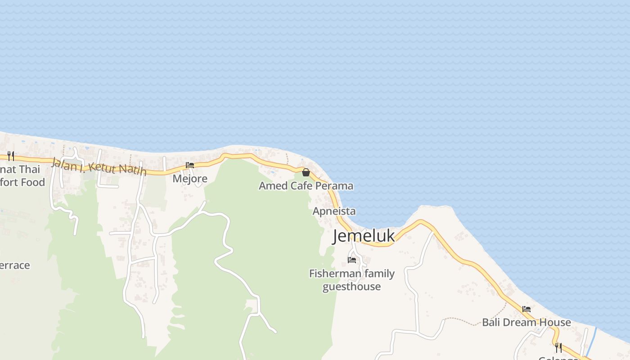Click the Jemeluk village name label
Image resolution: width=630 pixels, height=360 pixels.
(364, 236)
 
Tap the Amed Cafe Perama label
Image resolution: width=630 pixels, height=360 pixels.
(306, 186)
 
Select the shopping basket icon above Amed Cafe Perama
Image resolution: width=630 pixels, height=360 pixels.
(306, 172)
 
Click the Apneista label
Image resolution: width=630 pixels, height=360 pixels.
(334, 211)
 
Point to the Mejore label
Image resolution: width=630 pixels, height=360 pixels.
(190, 179)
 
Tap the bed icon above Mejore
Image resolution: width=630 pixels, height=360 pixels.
(190, 165)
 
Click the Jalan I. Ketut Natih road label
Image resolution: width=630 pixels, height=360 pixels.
(99, 166)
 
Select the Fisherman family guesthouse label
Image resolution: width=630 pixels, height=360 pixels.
(352, 280)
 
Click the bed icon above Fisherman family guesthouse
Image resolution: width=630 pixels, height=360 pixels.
(352, 260)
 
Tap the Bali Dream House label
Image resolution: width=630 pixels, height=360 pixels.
(526, 322)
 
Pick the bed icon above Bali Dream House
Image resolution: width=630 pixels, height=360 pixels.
(526, 309)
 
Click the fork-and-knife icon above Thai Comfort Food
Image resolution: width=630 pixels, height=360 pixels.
(11, 156)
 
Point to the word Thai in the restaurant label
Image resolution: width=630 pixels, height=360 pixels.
(30, 170)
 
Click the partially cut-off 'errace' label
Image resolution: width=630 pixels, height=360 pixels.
(15, 265)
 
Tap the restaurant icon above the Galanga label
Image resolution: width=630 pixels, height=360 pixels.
(558, 347)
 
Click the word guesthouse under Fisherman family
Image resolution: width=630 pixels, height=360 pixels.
(352, 287)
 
